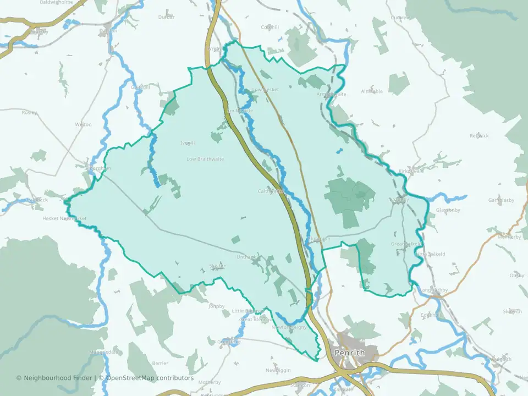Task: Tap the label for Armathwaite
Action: [x=332, y=94]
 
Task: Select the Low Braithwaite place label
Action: [x=205, y=159]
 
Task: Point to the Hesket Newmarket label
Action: [x=65, y=218]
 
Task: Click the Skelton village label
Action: [x=217, y=266]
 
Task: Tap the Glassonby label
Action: [x=448, y=210]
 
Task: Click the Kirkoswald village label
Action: [x=411, y=170]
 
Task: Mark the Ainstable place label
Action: [x=372, y=91]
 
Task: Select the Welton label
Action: [x=84, y=124]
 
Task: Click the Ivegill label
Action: [x=188, y=143]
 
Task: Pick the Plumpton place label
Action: [x=320, y=239]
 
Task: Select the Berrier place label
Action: [x=160, y=364]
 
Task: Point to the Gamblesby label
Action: [x=501, y=200]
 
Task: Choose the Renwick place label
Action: [x=479, y=135]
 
